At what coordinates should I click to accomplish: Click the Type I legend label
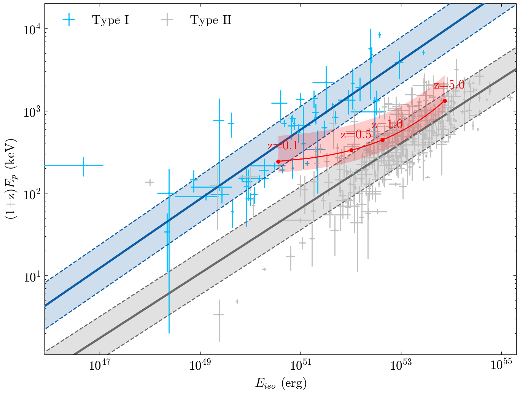(110, 20)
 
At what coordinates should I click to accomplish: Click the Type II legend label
(211, 20)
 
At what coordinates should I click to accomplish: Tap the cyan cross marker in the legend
(69, 20)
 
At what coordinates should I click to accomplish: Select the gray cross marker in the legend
(167, 20)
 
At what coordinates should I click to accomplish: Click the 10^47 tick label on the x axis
(99, 365)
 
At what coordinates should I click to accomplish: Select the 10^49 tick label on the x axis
(200, 365)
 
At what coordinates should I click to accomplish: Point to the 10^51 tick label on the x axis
(300, 365)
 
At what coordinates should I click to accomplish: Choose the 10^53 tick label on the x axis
(401, 365)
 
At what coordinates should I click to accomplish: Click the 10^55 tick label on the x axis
(501, 365)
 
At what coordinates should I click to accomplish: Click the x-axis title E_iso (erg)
(281, 383)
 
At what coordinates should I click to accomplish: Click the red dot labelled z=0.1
(278, 161)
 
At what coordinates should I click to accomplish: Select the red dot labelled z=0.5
(351, 150)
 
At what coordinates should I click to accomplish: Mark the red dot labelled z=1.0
(382, 140)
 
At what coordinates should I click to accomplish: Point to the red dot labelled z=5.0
(445, 101)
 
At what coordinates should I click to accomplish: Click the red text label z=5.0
(449, 85)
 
